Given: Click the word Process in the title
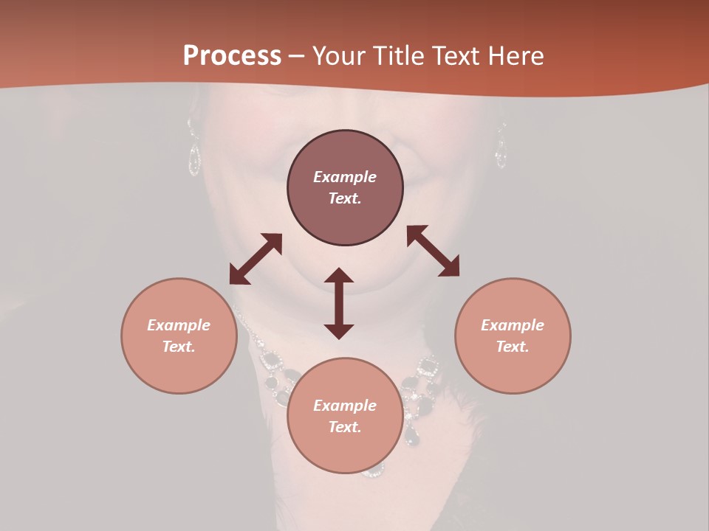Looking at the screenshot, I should [x=232, y=56].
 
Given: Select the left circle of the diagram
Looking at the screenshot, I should [x=179, y=336].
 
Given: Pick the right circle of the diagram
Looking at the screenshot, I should [x=513, y=336].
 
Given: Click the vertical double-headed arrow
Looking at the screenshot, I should [x=339, y=303].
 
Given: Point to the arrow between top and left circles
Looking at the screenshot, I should [x=256, y=259].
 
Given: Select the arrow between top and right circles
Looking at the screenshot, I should [x=433, y=251].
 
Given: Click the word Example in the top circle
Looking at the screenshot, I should [x=345, y=177].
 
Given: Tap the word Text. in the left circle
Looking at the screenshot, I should [x=179, y=347].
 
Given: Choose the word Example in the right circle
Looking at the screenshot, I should [x=513, y=325].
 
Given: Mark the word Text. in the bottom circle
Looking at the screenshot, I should [x=345, y=427].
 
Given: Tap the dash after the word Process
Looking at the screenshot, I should [x=297, y=56].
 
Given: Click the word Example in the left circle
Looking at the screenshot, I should [x=179, y=325].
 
